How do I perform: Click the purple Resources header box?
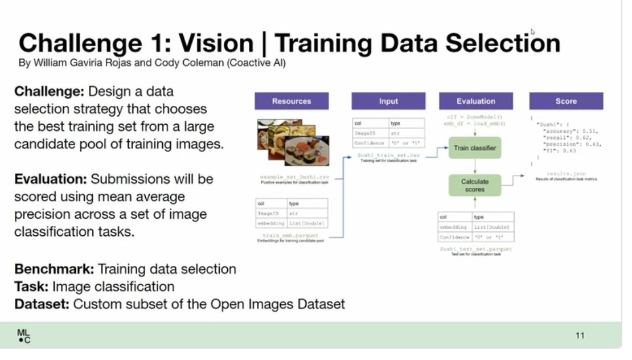(x=291, y=101)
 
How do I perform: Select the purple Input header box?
(x=388, y=101)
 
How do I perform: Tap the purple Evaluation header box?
(x=475, y=101)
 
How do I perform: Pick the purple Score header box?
(x=566, y=101)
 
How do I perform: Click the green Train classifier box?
(x=475, y=148)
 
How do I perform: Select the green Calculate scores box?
(x=475, y=185)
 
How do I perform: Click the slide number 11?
(x=580, y=336)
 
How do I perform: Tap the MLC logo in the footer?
(x=24, y=336)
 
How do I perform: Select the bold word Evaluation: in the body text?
(x=50, y=179)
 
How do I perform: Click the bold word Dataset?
(x=42, y=304)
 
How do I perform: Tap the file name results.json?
(x=566, y=173)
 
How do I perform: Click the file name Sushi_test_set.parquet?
(x=475, y=249)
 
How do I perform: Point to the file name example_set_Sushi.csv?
(x=293, y=177)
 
